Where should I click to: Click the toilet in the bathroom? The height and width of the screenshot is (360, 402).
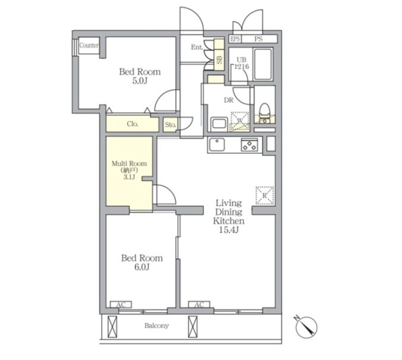click(x=265, y=113)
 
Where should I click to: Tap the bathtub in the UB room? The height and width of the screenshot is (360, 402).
click(x=262, y=64)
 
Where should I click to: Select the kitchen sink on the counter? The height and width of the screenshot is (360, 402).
click(x=217, y=144)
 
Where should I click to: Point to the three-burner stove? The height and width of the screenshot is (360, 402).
click(x=249, y=144)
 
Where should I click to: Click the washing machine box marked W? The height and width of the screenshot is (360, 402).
click(x=240, y=122)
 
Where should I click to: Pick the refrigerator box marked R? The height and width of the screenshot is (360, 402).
click(x=265, y=195)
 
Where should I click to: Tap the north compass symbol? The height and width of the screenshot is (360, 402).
click(x=306, y=327)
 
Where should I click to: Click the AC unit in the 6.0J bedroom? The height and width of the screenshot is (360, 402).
click(x=121, y=305)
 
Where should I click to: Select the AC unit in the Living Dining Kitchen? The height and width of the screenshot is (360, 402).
click(x=199, y=305)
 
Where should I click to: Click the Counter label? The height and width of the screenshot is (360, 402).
click(x=88, y=45)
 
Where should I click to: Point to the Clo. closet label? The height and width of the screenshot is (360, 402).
click(x=132, y=124)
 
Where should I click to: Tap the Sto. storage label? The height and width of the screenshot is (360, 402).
click(x=170, y=125)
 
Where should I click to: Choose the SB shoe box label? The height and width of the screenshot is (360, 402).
click(x=220, y=60)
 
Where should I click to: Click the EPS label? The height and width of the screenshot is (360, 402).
click(x=235, y=39)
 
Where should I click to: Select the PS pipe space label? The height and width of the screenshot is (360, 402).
click(x=258, y=39)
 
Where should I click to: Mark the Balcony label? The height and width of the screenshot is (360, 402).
click(x=157, y=326)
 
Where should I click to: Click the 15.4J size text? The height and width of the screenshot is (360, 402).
click(x=229, y=230)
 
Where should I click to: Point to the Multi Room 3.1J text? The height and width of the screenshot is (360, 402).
click(x=129, y=170)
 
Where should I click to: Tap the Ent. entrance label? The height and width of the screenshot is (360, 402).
click(x=197, y=47)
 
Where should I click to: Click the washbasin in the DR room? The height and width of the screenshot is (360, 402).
click(x=219, y=124)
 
